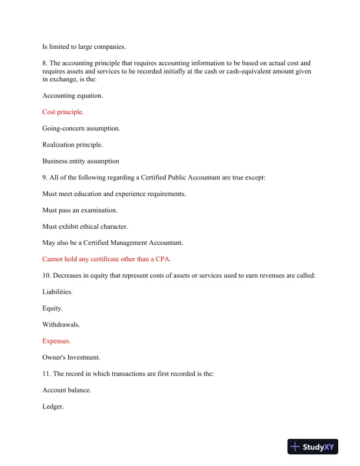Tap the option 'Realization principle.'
click(x=73, y=145)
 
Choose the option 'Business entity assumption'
click(x=81, y=161)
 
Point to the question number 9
click(x=45, y=177)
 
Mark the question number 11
click(x=46, y=373)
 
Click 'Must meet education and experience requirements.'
click(x=114, y=194)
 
